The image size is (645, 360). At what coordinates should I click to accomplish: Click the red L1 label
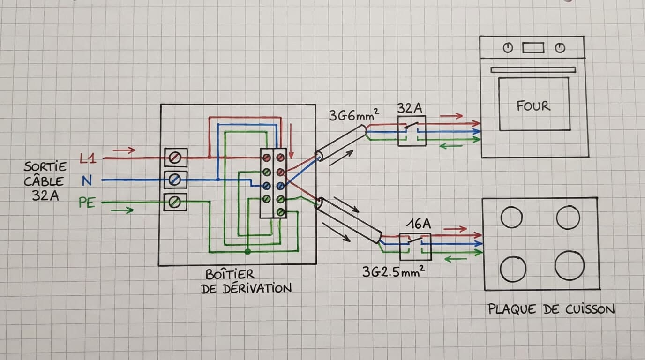88,158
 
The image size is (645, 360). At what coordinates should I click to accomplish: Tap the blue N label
87,180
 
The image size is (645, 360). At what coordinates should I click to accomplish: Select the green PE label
87,202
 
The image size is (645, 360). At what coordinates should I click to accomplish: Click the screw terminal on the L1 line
176,157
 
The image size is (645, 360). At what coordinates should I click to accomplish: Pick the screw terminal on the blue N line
175,180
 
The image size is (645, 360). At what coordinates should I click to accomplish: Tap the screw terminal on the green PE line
175,202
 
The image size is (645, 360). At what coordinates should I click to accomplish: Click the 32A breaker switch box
412,131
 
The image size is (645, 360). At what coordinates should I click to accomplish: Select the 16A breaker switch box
415,247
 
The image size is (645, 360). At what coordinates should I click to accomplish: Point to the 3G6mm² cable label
354,115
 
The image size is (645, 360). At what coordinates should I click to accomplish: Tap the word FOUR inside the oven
533,106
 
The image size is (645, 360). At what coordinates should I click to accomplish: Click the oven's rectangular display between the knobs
533,48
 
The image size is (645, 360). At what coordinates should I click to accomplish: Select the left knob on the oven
508,47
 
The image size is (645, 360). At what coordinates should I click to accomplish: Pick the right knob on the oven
560,47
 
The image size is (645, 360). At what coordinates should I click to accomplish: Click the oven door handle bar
533,70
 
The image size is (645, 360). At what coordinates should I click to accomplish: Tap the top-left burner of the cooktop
511,217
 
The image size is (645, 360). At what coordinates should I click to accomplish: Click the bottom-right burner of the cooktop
570,265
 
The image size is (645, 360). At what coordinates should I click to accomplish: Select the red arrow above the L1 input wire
124,150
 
